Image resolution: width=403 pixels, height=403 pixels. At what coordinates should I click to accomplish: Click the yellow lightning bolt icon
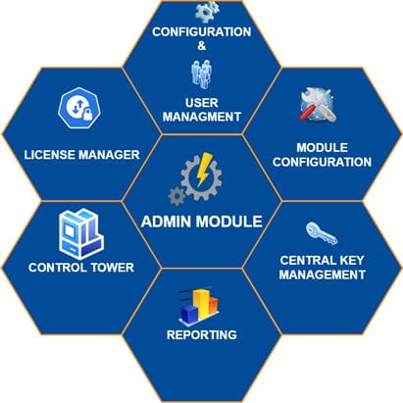coord(203,170)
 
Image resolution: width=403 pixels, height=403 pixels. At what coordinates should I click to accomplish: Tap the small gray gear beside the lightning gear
coord(176,196)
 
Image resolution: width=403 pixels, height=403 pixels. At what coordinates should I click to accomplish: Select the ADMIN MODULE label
coord(202,222)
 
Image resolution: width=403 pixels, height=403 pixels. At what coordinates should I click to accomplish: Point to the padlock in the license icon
coord(87,115)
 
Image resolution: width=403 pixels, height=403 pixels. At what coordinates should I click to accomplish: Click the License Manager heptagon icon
coord(78,108)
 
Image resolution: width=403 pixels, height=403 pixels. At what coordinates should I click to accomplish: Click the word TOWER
coord(112,268)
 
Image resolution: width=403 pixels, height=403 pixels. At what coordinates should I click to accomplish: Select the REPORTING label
coord(202,334)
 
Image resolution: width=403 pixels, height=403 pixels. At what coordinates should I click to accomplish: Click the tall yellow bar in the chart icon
coord(201,304)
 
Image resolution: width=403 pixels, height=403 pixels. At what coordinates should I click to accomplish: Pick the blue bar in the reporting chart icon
coord(189,314)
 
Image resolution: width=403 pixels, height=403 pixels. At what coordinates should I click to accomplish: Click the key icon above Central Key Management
coord(322,233)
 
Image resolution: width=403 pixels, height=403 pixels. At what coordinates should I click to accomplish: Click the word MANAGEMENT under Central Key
coord(323,275)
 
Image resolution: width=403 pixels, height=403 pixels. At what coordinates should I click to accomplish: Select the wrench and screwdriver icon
coord(318,105)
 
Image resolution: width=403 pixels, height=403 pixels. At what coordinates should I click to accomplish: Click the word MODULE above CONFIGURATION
coord(322,148)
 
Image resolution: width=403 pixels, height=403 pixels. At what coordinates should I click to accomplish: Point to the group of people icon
coord(201,75)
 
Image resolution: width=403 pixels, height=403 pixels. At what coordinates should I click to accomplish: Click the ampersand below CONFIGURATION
coord(202,46)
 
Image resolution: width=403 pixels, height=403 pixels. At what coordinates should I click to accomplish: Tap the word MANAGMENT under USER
coord(202,117)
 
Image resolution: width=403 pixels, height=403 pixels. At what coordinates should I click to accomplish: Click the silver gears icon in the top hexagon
coord(207,12)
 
